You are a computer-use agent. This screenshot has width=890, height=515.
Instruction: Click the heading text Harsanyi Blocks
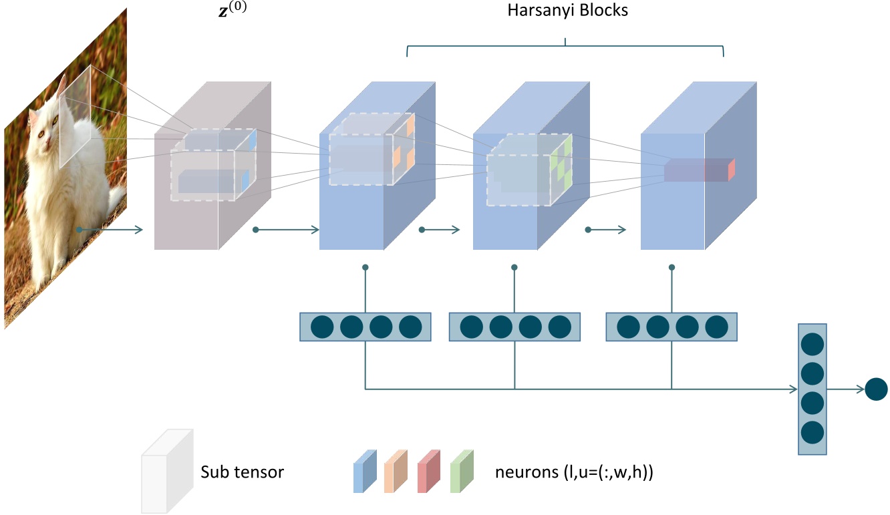pos(565,11)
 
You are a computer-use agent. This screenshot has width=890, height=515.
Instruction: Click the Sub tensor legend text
pos(242,472)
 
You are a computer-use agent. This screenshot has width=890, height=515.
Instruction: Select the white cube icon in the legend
pos(166,470)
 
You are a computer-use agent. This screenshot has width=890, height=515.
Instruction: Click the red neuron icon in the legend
pos(428,472)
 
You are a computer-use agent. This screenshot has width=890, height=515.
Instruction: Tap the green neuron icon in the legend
pos(462,472)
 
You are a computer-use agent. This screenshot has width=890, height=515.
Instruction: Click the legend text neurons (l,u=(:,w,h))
pos(573,472)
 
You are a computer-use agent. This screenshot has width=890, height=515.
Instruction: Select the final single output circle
pos(876,389)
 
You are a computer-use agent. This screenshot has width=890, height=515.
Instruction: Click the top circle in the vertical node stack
pos(812,345)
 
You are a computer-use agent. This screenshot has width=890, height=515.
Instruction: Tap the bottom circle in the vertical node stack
pos(812,432)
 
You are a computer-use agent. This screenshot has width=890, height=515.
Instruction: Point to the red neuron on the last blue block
pos(731,170)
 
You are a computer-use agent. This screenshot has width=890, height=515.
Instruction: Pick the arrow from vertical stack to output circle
pos(845,389)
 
